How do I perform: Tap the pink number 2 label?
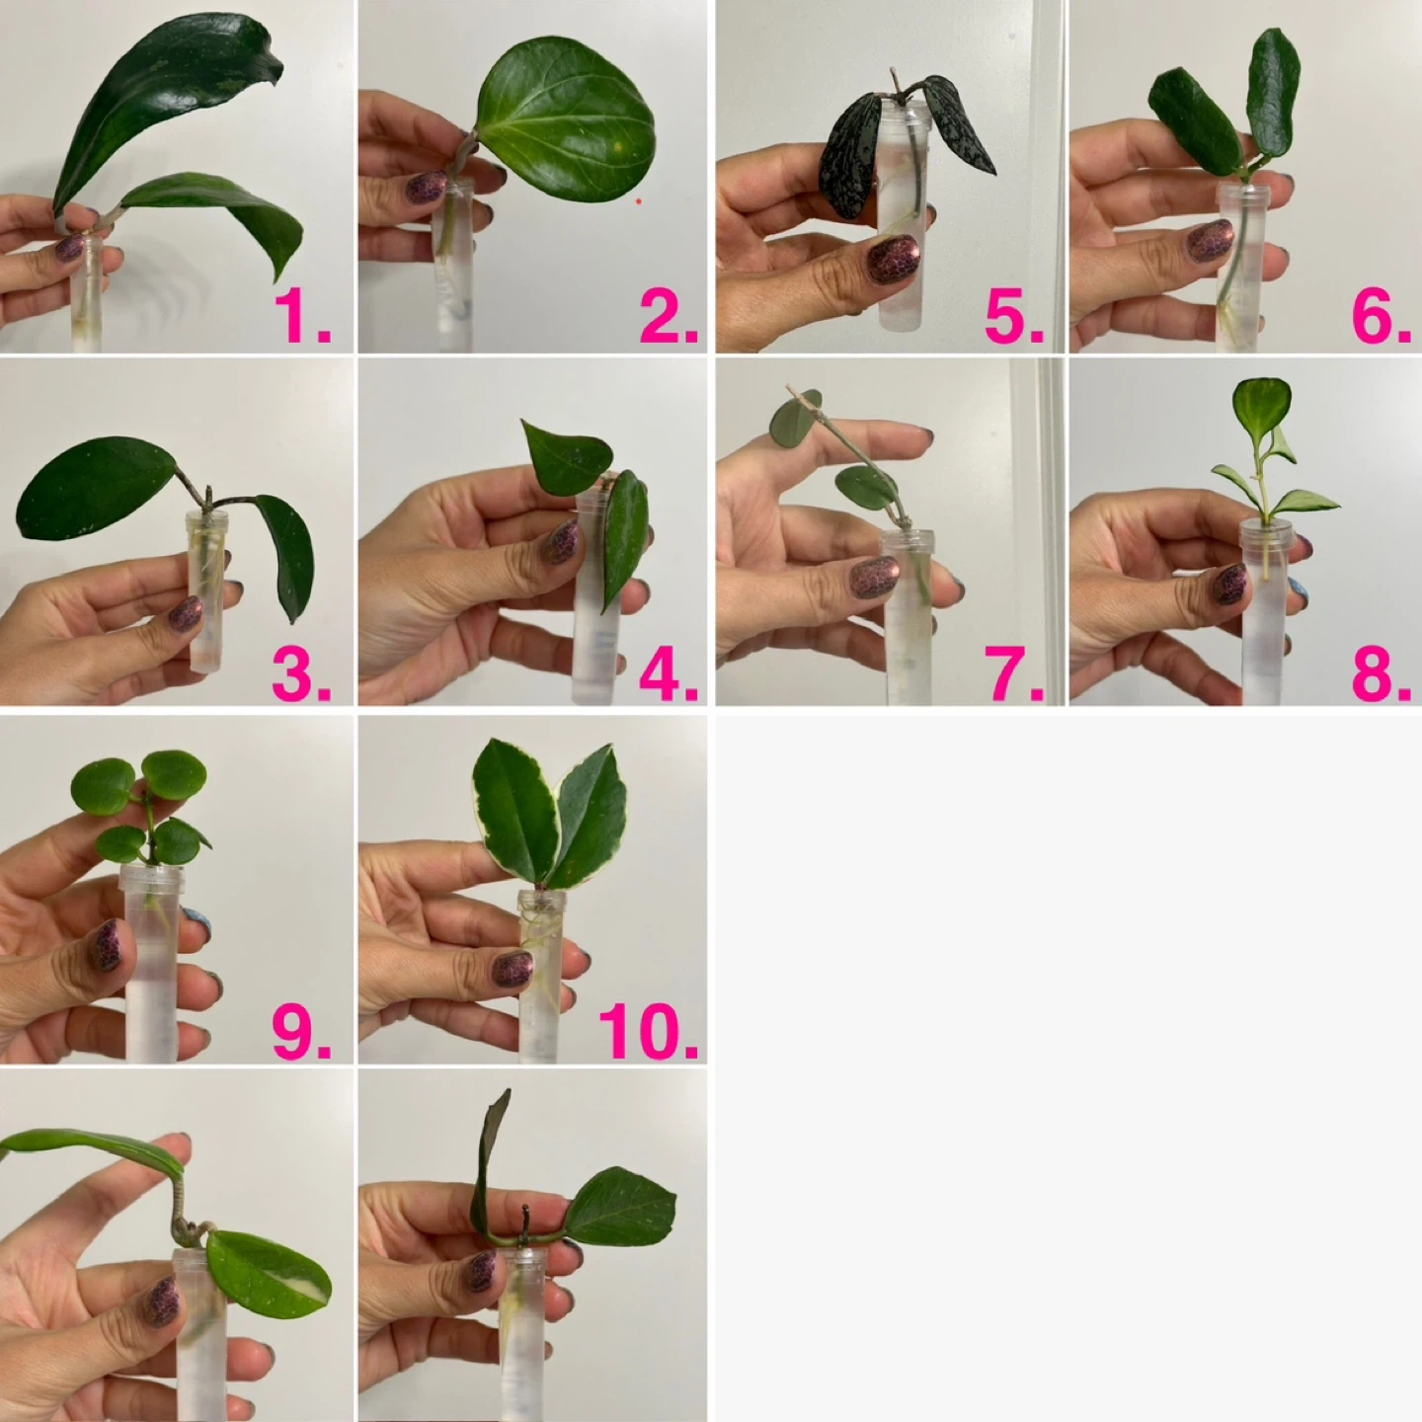coord(669,316)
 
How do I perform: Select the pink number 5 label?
coord(1014,316)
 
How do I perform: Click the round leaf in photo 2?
coord(565,118)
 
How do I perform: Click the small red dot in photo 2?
coord(638,200)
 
